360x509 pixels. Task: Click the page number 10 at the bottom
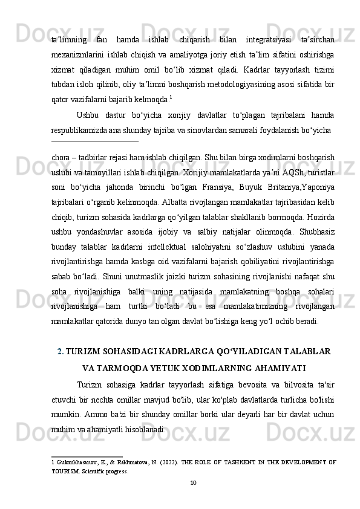193,482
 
